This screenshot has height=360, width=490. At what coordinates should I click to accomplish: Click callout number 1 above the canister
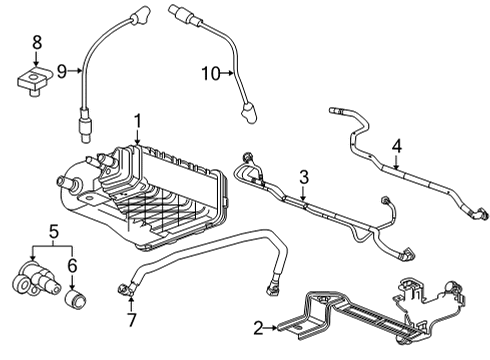137,121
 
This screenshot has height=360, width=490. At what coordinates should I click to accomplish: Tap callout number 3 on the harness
303,177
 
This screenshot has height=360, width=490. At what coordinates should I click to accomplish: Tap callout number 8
37,42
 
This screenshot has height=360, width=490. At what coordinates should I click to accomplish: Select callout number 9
61,71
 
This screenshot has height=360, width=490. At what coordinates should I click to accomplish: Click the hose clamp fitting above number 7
125,291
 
